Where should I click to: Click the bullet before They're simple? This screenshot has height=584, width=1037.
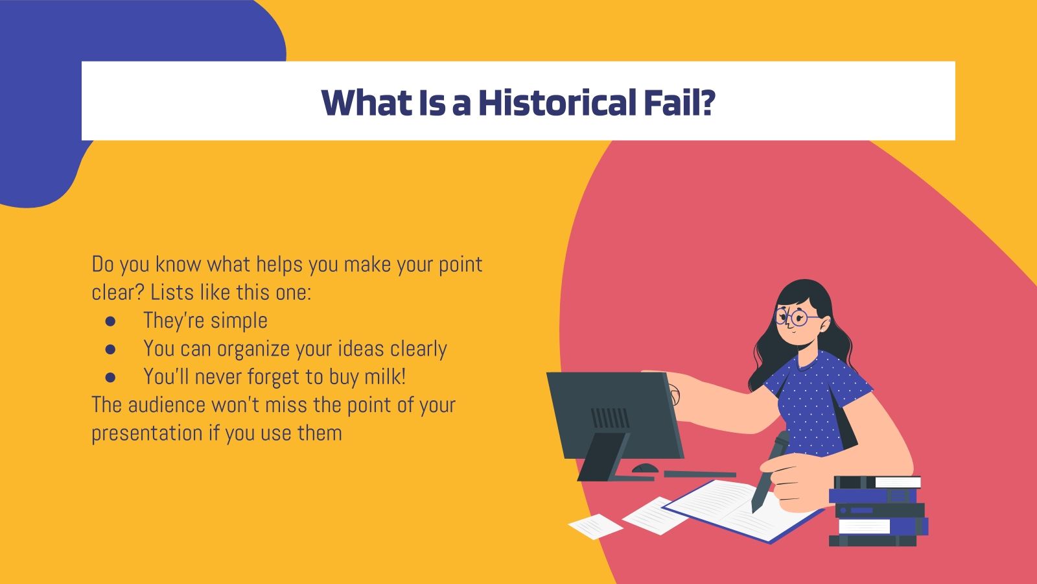[110, 321]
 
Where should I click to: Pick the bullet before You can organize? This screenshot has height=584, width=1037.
[110, 349]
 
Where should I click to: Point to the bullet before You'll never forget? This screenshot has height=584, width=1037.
[110, 377]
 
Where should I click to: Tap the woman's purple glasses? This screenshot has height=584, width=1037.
[797, 317]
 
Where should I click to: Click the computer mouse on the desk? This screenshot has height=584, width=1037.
[645, 468]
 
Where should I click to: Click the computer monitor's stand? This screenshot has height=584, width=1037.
[606, 457]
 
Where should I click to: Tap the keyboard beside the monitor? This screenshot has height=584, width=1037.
[700, 474]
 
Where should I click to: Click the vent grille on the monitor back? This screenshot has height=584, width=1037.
[609, 418]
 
